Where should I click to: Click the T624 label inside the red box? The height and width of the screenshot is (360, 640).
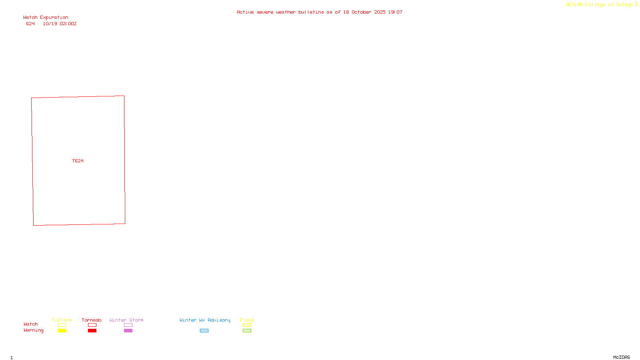(78, 161)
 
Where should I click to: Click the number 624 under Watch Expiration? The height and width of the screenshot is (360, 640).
(30, 24)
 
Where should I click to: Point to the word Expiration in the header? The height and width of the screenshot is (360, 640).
(54, 18)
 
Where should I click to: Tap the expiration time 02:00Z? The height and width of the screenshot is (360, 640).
(68, 24)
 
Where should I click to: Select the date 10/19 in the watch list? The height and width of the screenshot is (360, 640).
(50, 24)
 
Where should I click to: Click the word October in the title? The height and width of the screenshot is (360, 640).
(361, 12)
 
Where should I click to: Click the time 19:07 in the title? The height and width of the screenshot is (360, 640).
(395, 12)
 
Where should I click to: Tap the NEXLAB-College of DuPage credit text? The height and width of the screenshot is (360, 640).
(599, 5)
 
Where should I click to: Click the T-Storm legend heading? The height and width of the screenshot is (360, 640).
(62, 320)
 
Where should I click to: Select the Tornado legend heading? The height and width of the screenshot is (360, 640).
(92, 320)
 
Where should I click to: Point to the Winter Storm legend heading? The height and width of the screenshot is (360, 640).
(126, 320)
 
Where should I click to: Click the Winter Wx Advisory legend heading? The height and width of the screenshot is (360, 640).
(205, 320)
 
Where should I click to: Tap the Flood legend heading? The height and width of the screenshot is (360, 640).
(247, 320)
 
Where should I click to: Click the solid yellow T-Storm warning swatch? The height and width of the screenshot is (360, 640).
(62, 331)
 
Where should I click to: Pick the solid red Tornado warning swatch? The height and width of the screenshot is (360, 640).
(92, 331)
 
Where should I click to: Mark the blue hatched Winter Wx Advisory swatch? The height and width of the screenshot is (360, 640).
(204, 331)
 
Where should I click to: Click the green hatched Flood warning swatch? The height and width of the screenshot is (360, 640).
(247, 331)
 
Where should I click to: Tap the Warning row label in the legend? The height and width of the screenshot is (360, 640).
(33, 330)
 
